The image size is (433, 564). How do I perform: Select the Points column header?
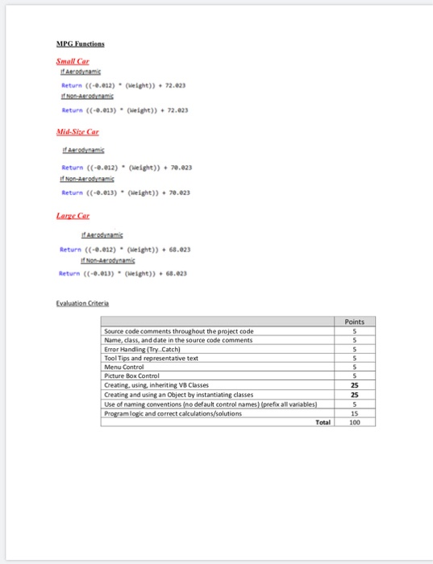pyautogui.click(x=354, y=321)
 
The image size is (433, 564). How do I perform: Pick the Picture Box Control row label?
pyautogui.click(x=138, y=375)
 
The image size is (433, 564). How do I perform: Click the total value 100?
pyautogui.click(x=354, y=421)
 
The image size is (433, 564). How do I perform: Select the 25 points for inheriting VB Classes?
pyautogui.click(x=354, y=385)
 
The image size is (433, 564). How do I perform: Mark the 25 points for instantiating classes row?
pyautogui.click(x=354, y=394)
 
